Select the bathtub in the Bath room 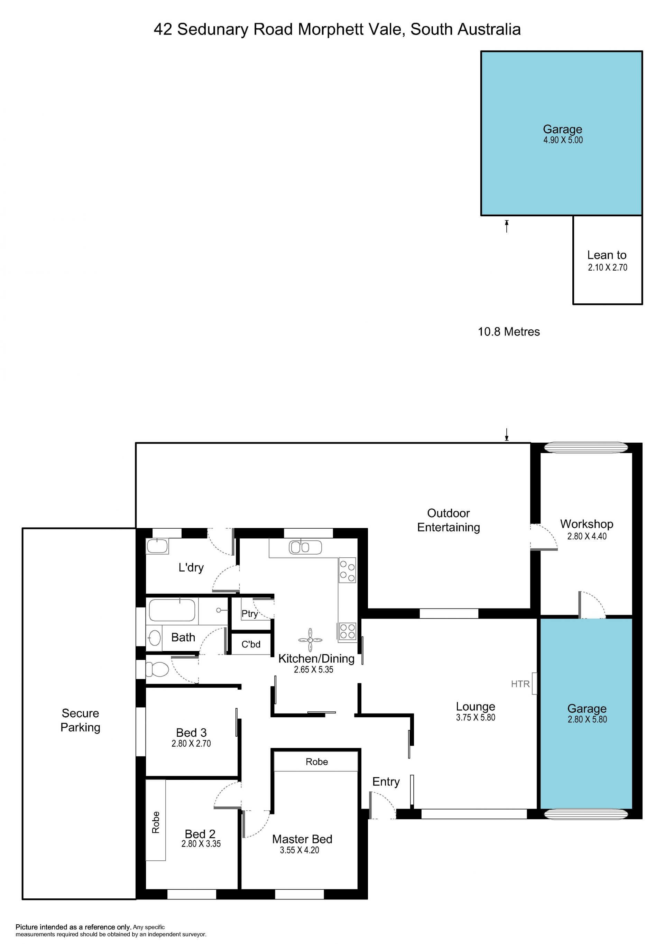[x=172, y=610]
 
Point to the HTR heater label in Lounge [x=520, y=684]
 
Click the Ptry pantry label [x=250, y=614]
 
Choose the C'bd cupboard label [x=251, y=644]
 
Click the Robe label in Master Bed [x=317, y=762]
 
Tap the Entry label [x=386, y=782]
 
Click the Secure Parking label [x=80, y=720]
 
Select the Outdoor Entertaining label [x=449, y=520]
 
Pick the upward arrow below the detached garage [x=507, y=226]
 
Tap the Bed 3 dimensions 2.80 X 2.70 [x=191, y=743]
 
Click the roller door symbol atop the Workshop [x=586, y=448]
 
